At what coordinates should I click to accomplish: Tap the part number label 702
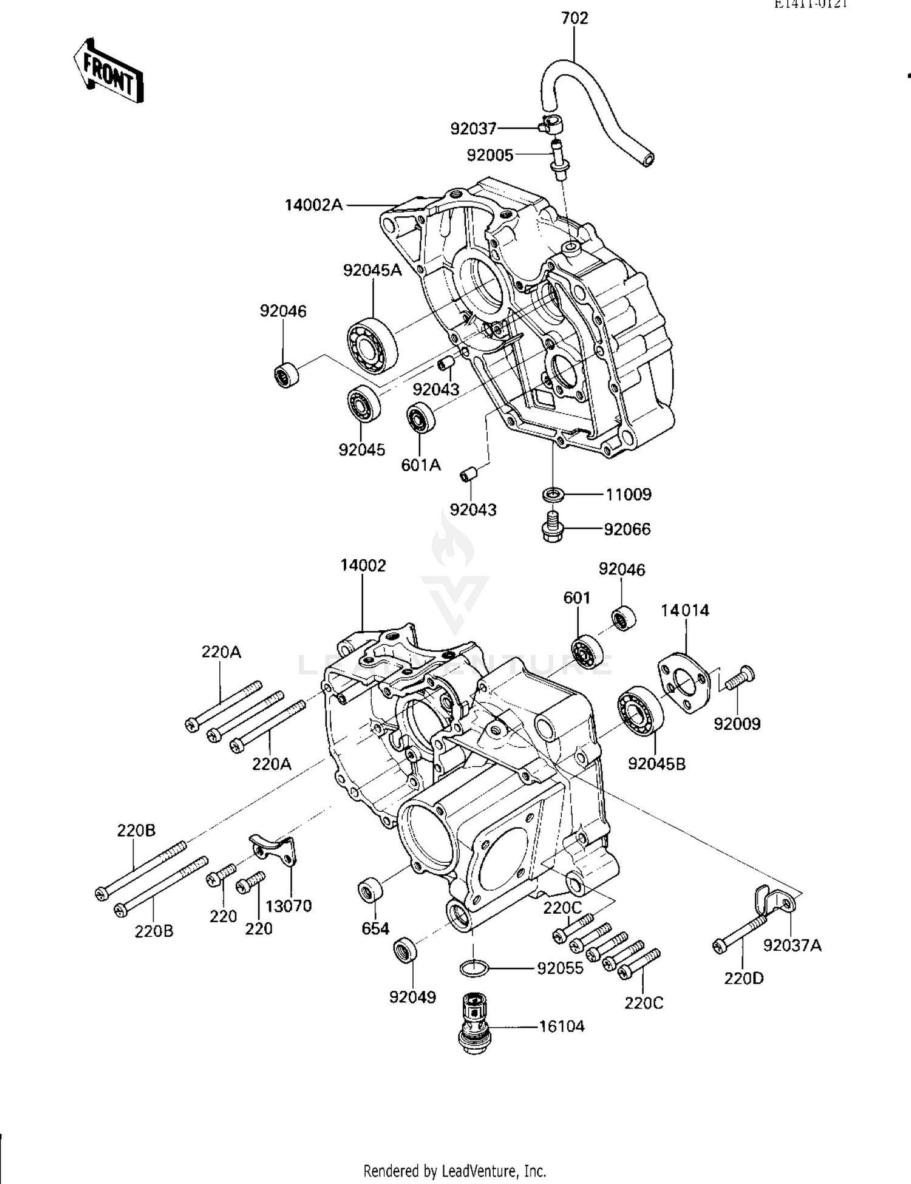pyautogui.click(x=575, y=19)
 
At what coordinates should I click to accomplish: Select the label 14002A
pyautogui.click(x=313, y=205)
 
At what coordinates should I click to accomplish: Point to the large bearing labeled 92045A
pyautogui.click(x=372, y=346)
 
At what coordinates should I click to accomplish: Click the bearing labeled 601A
pyautogui.click(x=420, y=418)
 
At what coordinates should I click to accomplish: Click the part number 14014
pyautogui.click(x=685, y=610)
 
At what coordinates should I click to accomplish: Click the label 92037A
pyautogui.click(x=792, y=945)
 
